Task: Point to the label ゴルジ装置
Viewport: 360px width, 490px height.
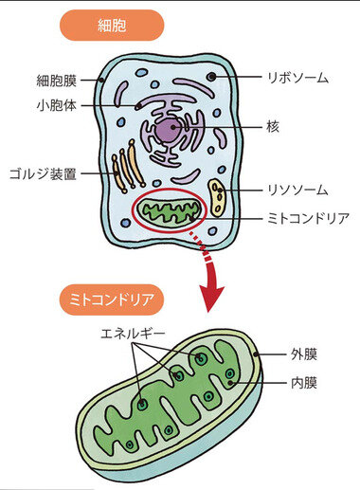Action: click(x=45, y=173)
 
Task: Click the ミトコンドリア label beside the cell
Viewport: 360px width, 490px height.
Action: click(x=307, y=218)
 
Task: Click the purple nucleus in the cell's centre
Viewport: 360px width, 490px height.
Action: click(x=171, y=131)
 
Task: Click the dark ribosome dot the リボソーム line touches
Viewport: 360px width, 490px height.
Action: click(x=211, y=77)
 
